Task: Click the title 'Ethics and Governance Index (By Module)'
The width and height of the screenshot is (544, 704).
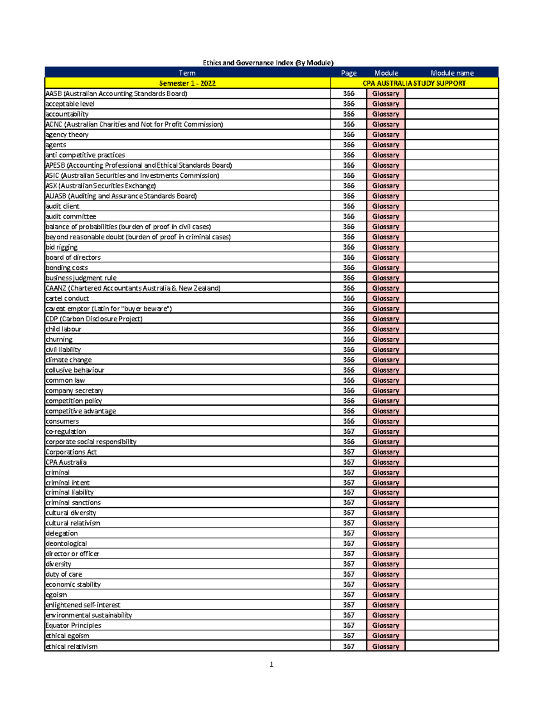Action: [x=268, y=63]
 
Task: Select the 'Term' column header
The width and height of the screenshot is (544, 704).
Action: [x=187, y=73]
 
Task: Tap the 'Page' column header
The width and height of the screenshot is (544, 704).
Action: [x=349, y=73]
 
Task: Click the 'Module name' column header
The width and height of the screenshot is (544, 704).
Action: [x=452, y=73]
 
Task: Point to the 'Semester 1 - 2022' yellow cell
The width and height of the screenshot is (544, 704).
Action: [x=187, y=83]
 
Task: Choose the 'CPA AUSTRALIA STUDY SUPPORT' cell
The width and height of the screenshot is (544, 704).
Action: [x=414, y=83]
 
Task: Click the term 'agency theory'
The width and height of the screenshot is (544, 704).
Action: [x=67, y=135]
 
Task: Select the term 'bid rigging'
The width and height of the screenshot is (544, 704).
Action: [x=62, y=247]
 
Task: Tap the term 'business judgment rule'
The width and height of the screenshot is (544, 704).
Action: [x=81, y=278]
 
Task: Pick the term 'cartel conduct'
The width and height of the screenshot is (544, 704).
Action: [x=68, y=298]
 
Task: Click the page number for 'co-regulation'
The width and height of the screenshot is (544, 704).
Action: [x=349, y=432]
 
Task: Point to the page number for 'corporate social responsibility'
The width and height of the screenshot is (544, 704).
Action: [x=349, y=442]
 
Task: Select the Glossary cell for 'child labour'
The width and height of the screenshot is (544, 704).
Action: [x=386, y=329]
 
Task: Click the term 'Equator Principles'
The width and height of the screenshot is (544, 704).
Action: [x=73, y=625]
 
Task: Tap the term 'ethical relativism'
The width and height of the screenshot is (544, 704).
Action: [x=72, y=646]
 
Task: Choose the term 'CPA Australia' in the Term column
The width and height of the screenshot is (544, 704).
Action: [x=66, y=462]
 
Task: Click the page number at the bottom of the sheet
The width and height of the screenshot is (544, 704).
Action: [x=272, y=665]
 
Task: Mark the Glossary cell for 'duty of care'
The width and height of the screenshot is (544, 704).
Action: [x=386, y=574]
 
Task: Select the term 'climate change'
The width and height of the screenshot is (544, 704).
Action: [x=69, y=360]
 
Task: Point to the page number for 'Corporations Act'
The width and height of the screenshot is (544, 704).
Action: [x=349, y=452]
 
